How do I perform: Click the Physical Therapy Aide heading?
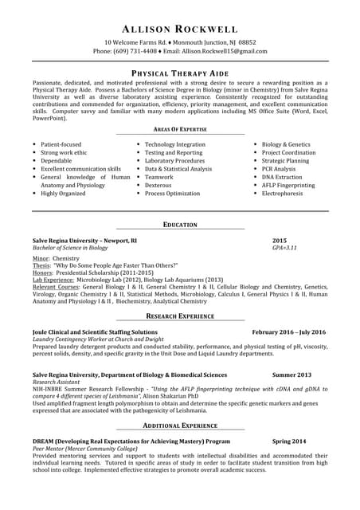(x=179, y=73)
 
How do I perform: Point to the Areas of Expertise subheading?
(x=179, y=128)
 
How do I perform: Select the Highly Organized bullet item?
(x=63, y=194)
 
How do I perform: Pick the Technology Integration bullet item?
(x=174, y=144)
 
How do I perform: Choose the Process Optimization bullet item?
(x=172, y=194)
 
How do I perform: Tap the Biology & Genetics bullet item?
(x=286, y=144)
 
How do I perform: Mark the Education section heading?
(x=179, y=225)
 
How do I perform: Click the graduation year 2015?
(x=280, y=240)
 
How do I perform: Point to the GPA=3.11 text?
(x=284, y=248)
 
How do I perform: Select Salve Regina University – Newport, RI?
(x=84, y=240)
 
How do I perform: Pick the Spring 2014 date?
(x=288, y=441)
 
